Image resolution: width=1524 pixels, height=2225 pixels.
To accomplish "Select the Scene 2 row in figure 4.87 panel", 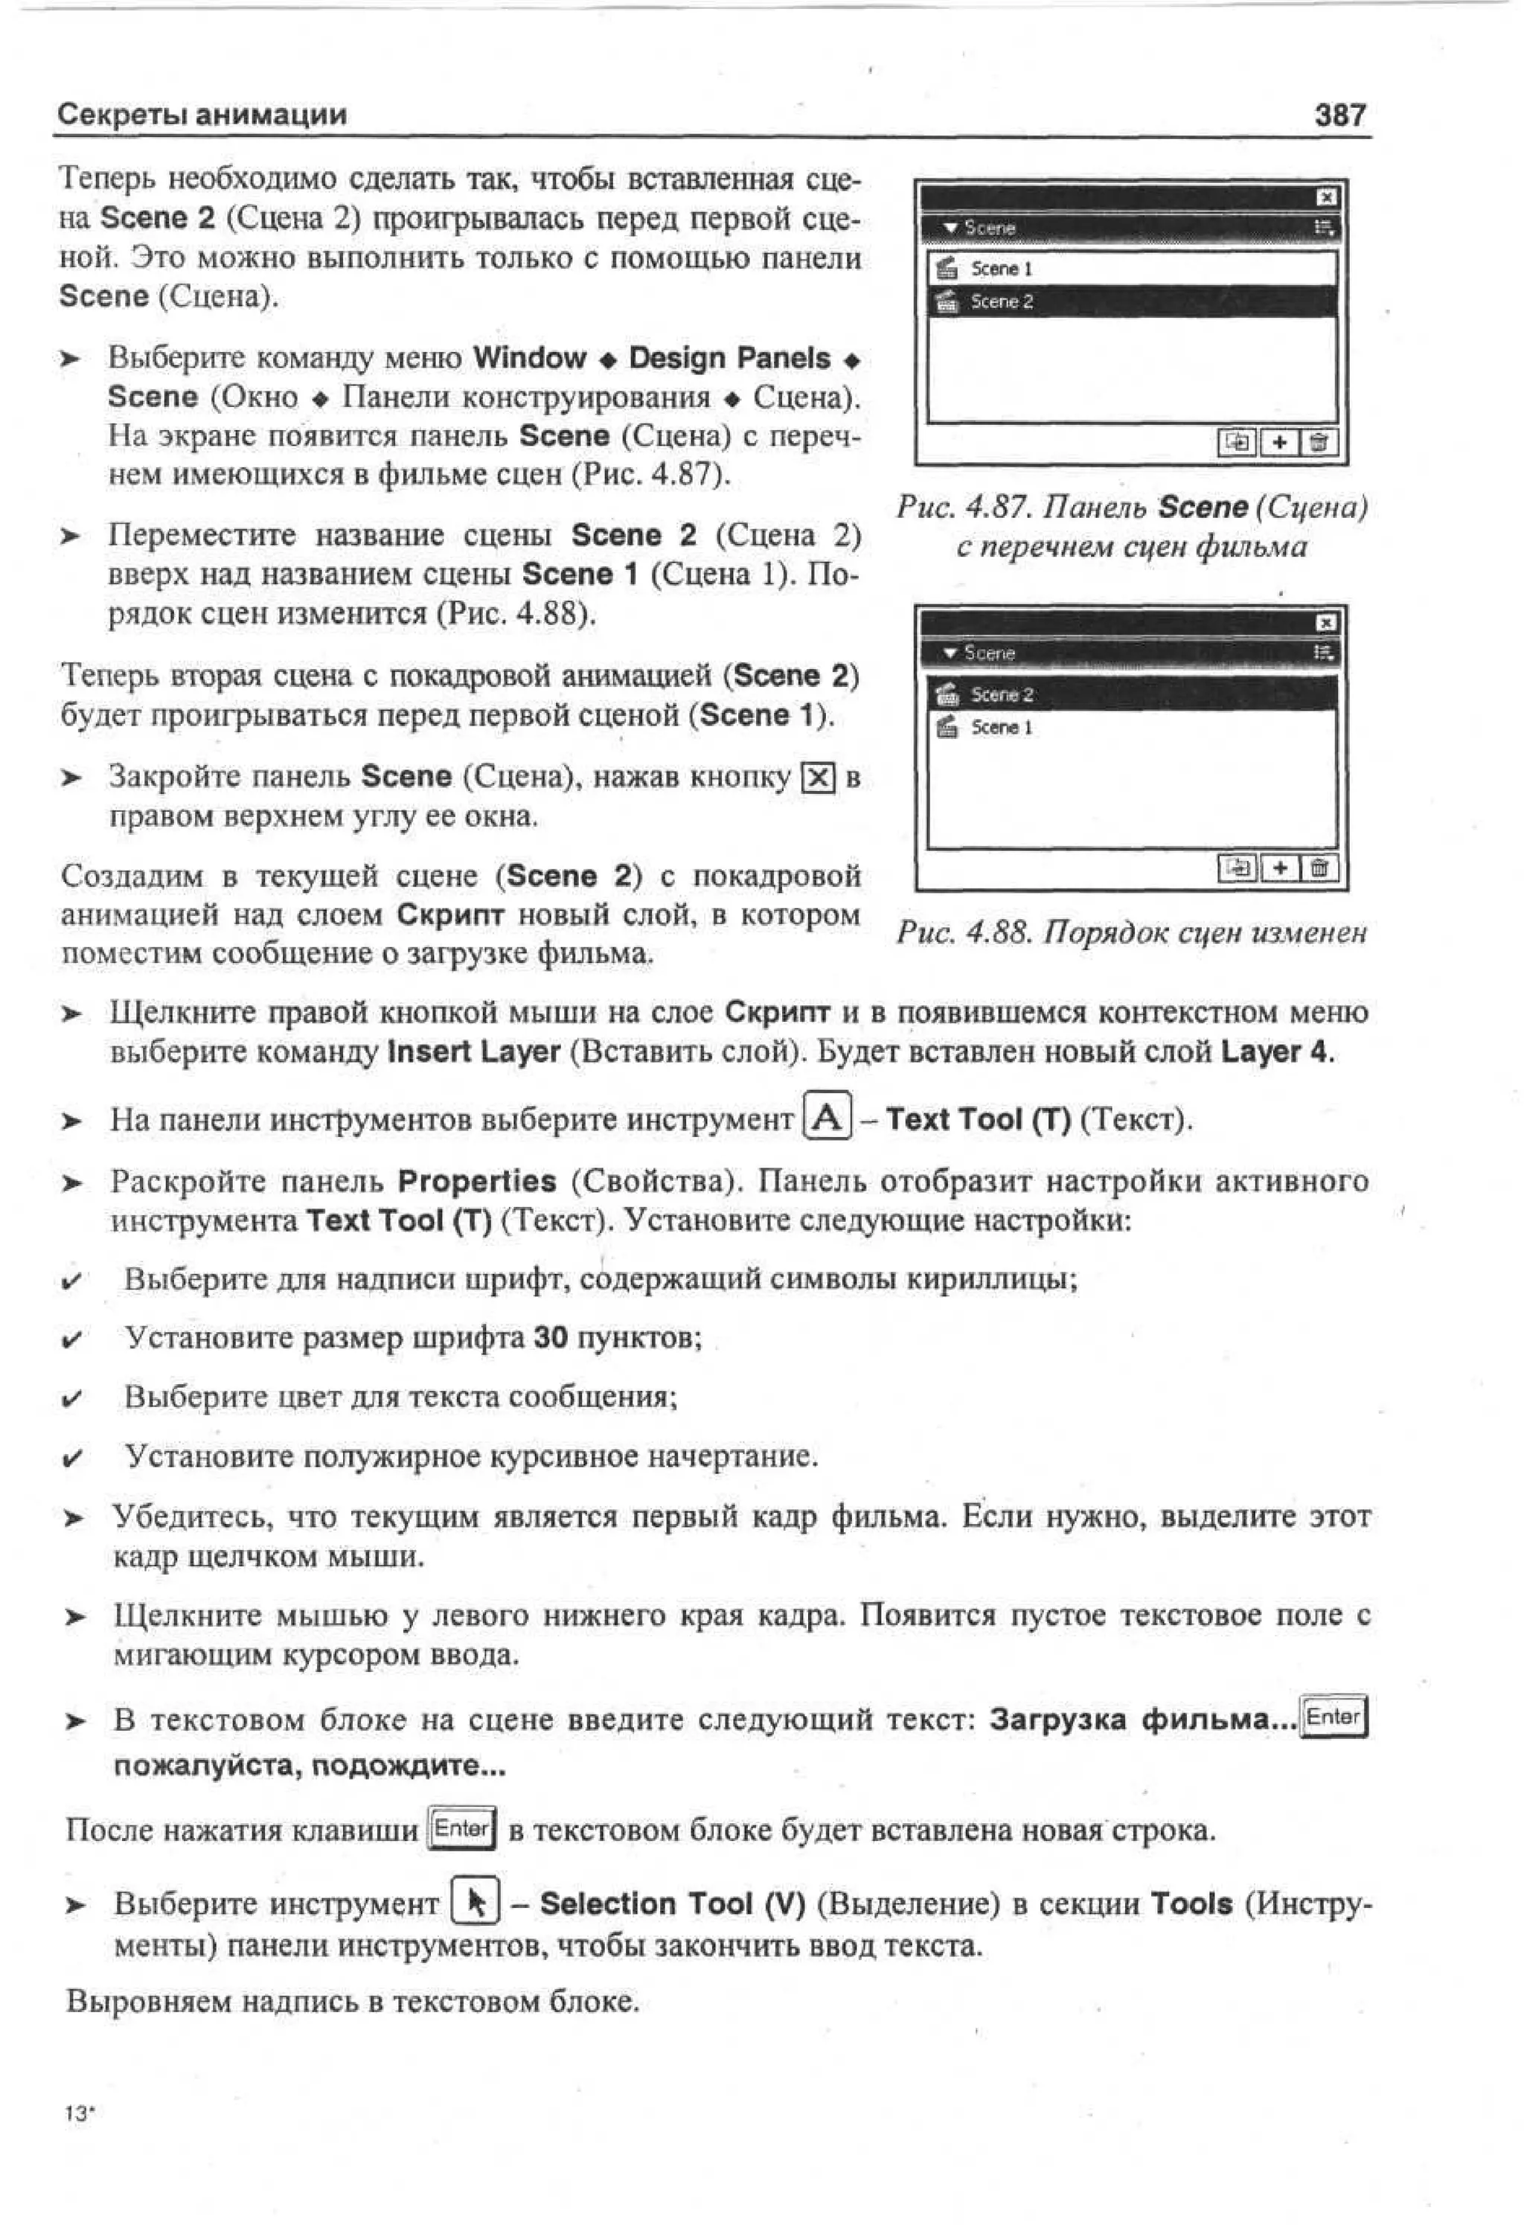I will [1130, 301].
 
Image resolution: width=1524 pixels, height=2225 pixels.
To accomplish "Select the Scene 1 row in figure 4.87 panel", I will [1130, 269].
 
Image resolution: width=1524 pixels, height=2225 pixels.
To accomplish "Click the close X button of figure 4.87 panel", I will [1326, 197].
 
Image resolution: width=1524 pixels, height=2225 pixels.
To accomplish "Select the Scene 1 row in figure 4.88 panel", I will [1130, 728].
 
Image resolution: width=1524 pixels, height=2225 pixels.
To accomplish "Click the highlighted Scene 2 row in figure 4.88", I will [1130, 694].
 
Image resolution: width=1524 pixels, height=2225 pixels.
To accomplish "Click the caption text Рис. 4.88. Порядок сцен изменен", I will [1130, 932].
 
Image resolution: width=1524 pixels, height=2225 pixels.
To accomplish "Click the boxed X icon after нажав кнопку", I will [818, 778].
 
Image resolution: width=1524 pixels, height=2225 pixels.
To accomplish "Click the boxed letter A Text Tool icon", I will [827, 1117].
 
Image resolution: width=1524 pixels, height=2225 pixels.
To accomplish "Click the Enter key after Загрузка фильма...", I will [1334, 1717].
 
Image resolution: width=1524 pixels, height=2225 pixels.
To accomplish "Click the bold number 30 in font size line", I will [551, 1337].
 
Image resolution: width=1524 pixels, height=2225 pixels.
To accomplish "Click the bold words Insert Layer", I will [473, 1052].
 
